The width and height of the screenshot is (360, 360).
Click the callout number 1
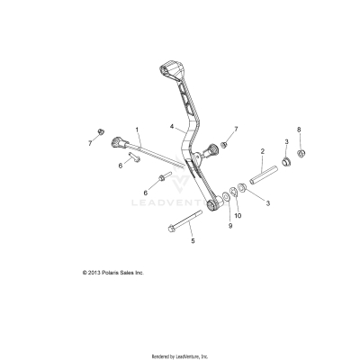(x=138, y=130)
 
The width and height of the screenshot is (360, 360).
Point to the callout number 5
(x=193, y=241)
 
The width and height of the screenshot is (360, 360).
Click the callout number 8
(x=300, y=130)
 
